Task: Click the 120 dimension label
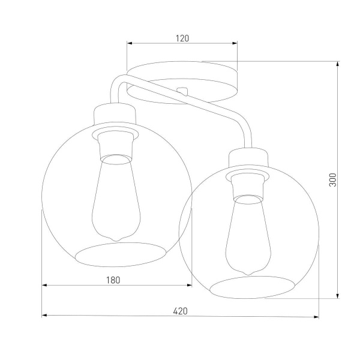183,38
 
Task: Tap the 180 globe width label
114,280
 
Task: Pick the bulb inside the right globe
246,236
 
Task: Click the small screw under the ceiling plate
184,91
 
